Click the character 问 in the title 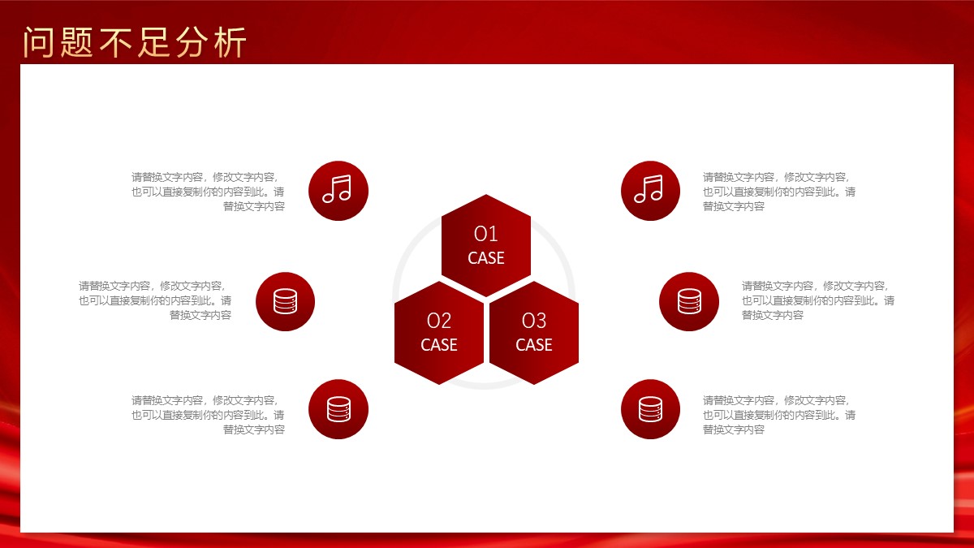click(x=38, y=42)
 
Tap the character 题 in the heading click(x=76, y=42)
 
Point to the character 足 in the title click(x=153, y=42)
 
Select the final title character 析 click(x=231, y=42)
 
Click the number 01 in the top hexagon click(x=485, y=234)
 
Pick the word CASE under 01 click(x=485, y=258)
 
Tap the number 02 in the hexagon click(x=439, y=321)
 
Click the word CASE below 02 click(x=439, y=345)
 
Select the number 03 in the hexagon click(x=533, y=321)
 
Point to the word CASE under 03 click(x=533, y=345)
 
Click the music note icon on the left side click(x=338, y=191)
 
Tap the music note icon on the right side click(x=650, y=191)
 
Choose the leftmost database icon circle click(x=285, y=301)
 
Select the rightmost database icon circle click(x=689, y=301)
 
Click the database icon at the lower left click(x=338, y=409)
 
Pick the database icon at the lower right click(x=650, y=409)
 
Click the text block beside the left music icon click(x=208, y=192)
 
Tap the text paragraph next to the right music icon click(x=779, y=192)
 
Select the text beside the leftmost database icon click(x=155, y=300)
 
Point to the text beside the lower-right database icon click(x=779, y=415)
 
